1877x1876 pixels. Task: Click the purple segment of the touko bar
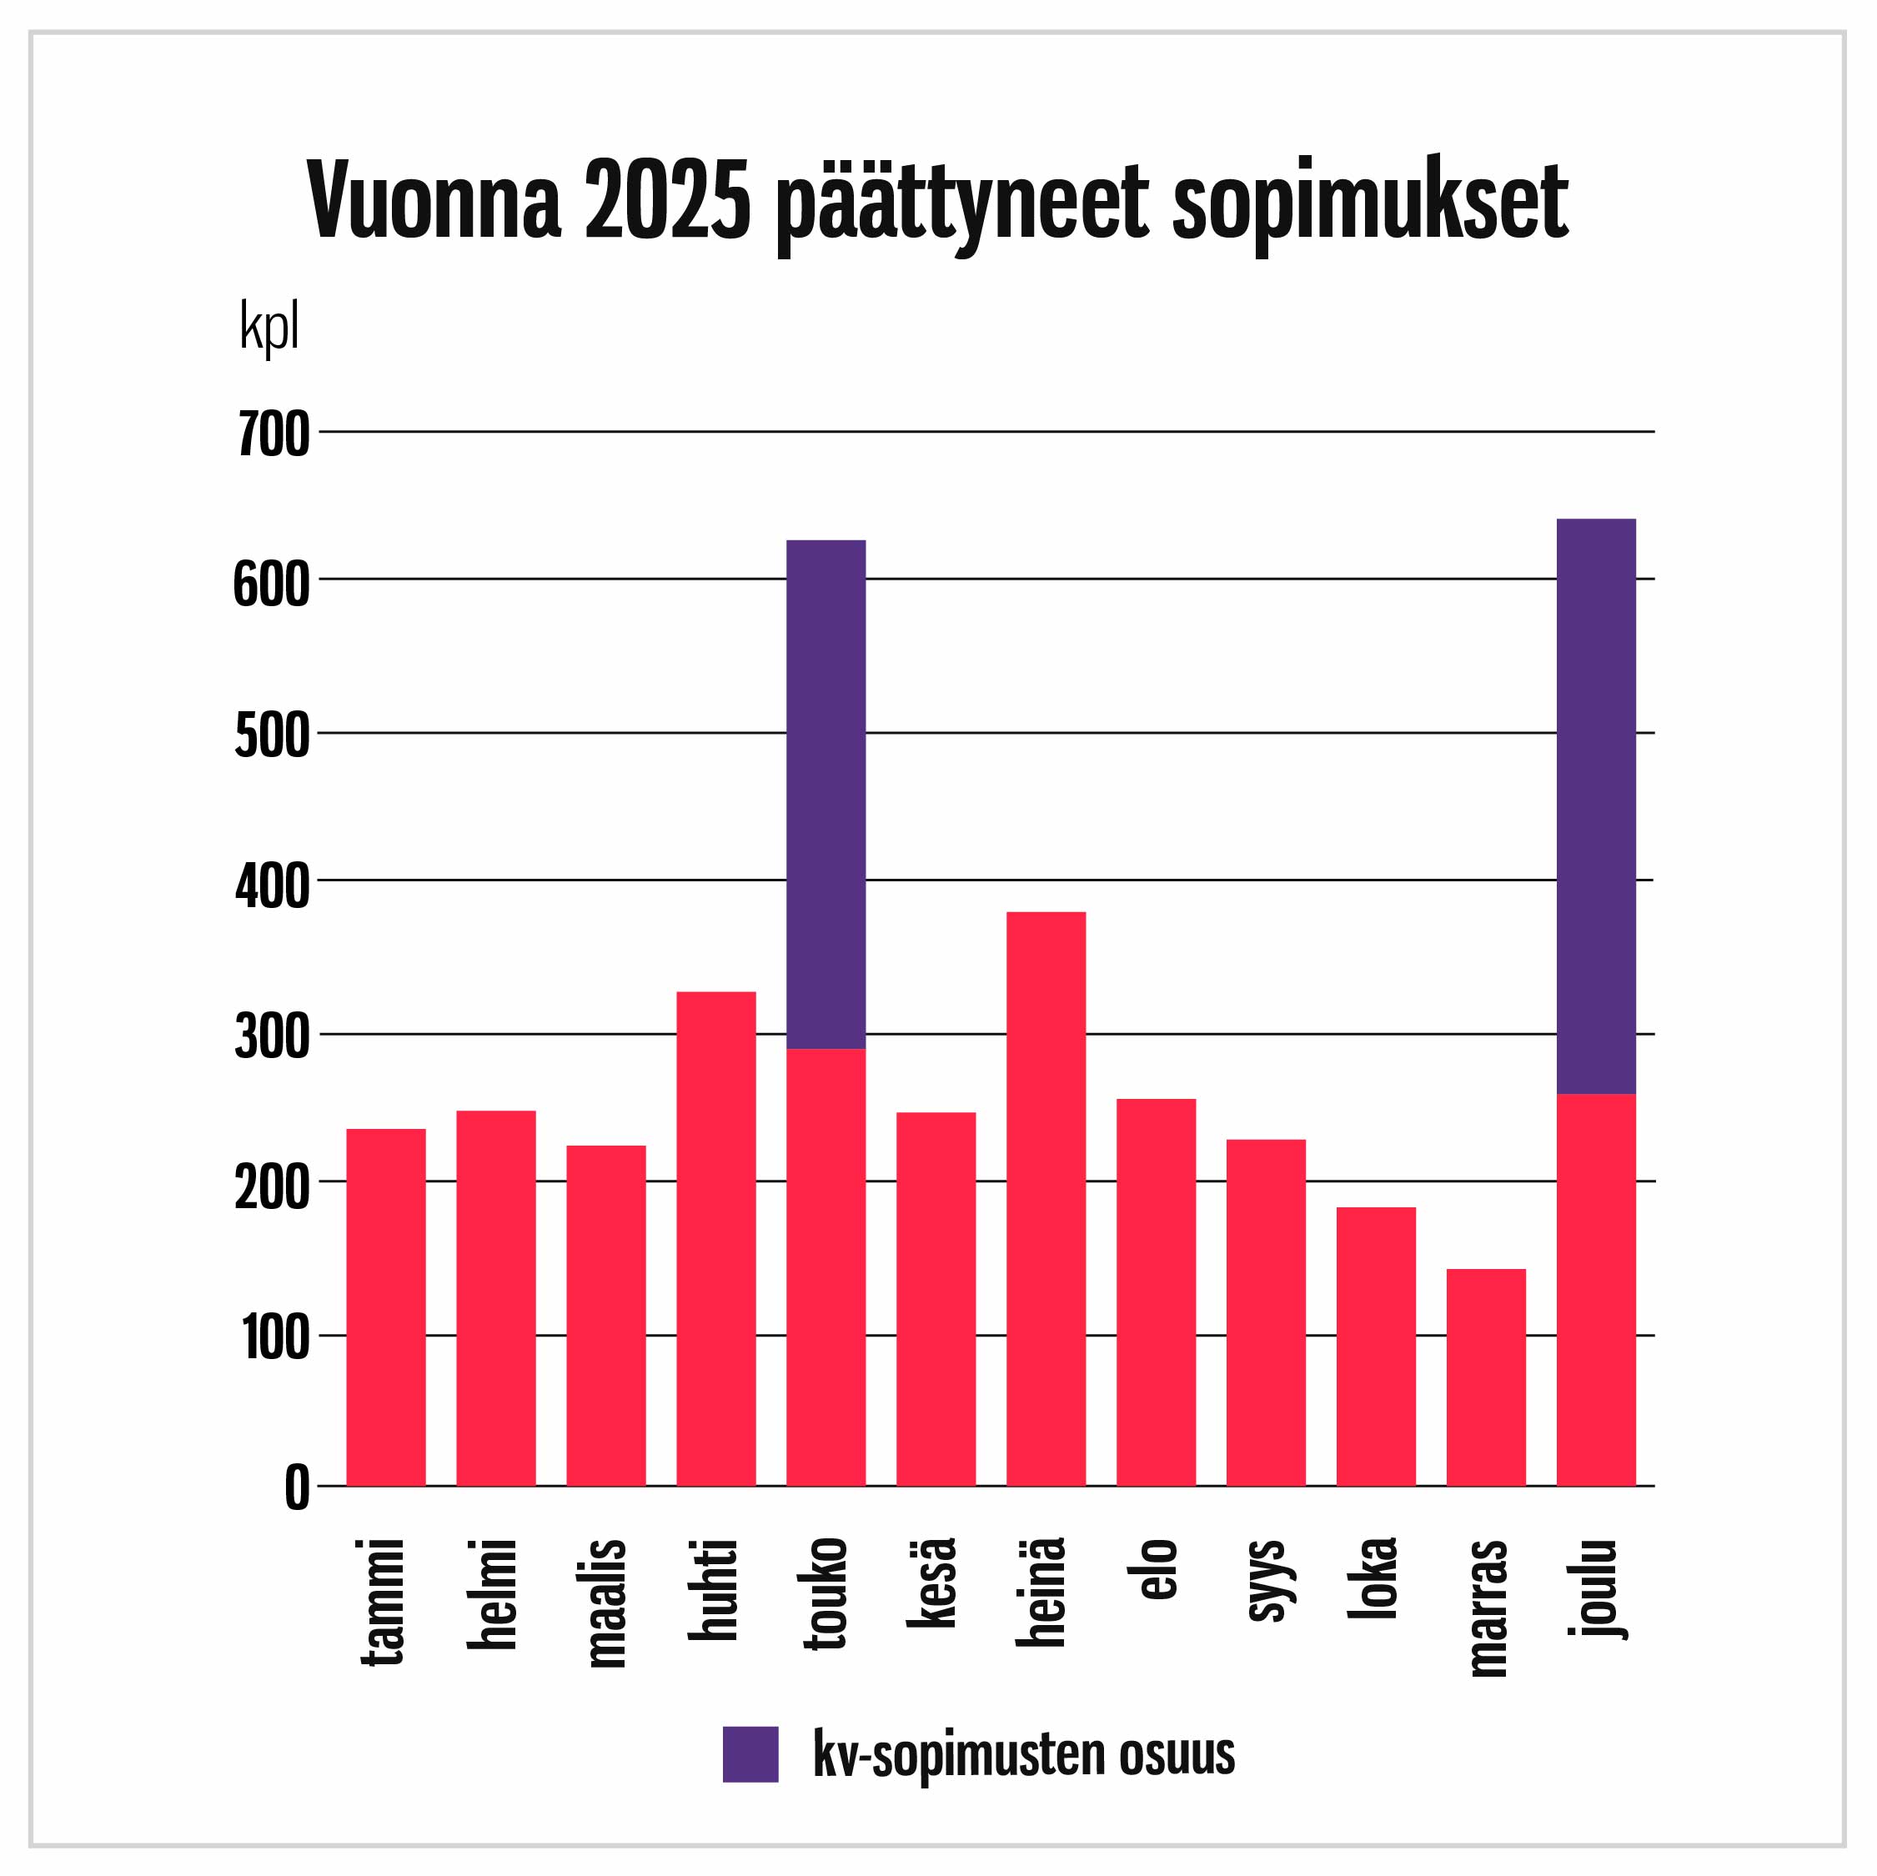point(825,794)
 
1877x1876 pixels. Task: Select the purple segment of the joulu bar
point(1595,805)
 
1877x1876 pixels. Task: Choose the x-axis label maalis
point(607,1603)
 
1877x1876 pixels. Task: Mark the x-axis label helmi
point(494,1593)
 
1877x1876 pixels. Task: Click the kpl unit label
point(269,329)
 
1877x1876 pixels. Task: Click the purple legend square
point(750,1753)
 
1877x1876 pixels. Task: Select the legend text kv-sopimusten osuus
point(1023,1754)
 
